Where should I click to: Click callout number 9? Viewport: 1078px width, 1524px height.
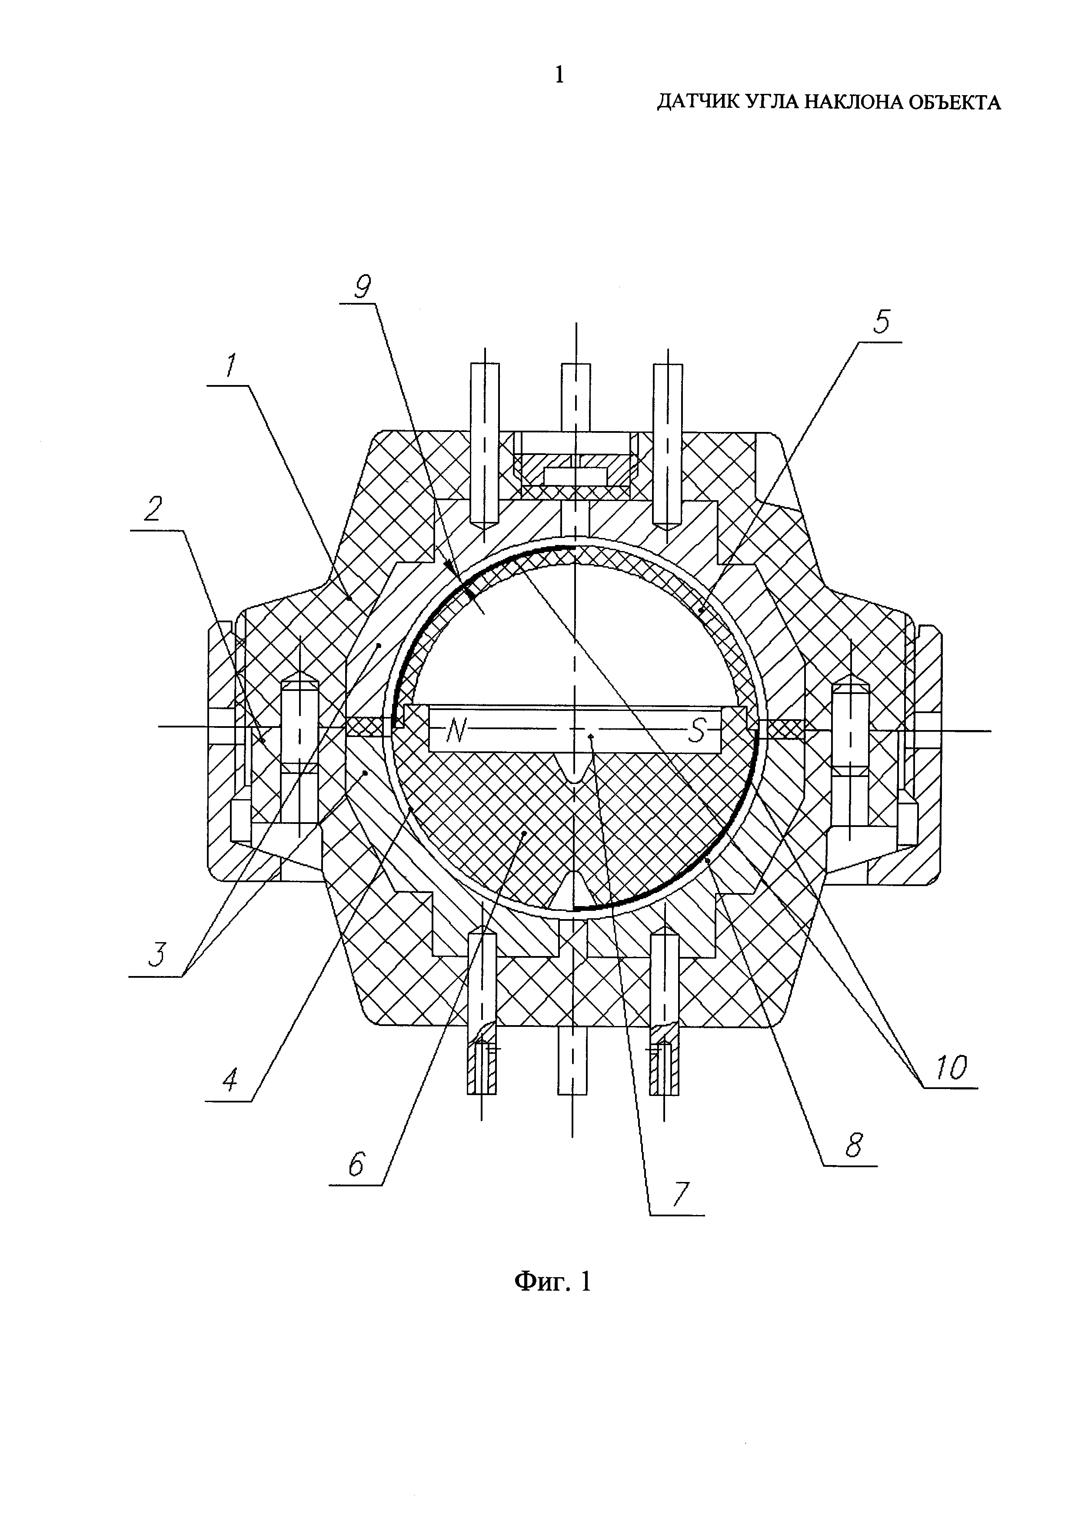click(363, 287)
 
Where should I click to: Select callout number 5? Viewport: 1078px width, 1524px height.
click(881, 322)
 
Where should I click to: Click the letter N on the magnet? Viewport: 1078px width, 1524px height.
click(456, 731)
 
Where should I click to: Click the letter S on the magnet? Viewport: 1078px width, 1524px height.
click(696, 731)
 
